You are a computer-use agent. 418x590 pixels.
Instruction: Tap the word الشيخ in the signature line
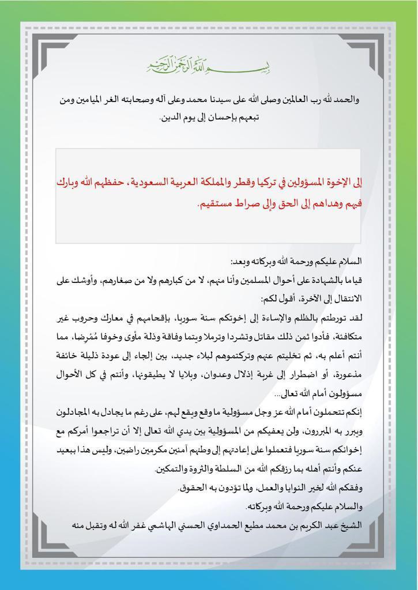point(352,525)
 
